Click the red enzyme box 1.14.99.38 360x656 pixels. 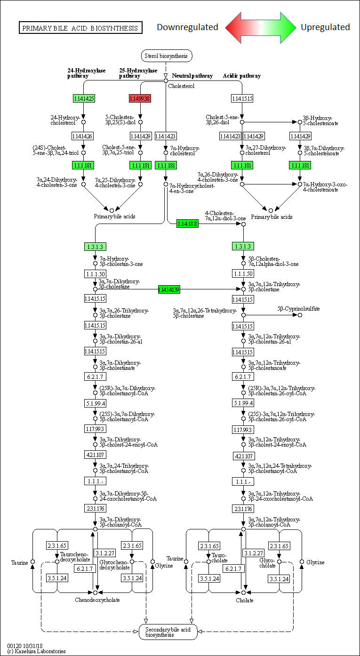pyautogui.click(x=140, y=98)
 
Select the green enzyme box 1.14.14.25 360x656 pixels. pyautogui.click(x=84, y=98)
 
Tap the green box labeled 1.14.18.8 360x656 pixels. pyautogui.click(x=187, y=224)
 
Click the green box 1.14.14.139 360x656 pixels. pyautogui.click(x=169, y=289)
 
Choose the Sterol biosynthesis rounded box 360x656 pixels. pyautogui.click(x=167, y=56)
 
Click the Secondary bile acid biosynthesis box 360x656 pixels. pyautogui.click(x=168, y=632)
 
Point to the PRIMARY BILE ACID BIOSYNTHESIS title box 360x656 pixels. pyautogui.click(x=80, y=28)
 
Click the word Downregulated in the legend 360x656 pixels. pyautogui.click(x=187, y=27)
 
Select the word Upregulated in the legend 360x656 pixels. pyautogui.click(x=326, y=27)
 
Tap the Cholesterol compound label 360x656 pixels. pyautogui.click(x=181, y=86)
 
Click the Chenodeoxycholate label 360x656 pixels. pyautogui.click(x=97, y=600)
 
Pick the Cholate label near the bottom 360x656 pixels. pyautogui.click(x=245, y=600)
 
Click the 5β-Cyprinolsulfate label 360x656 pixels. pyautogui.click(x=298, y=309)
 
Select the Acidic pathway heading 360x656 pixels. pyautogui.click(x=242, y=76)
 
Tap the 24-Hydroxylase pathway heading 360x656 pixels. pyautogui.click(x=87, y=73)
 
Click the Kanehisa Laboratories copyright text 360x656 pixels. pyautogui.click(x=36, y=651)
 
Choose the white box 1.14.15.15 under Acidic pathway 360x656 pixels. pyautogui.click(x=242, y=98)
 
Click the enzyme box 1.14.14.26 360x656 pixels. pyautogui.click(x=82, y=136)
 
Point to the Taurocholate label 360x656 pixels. pyautogui.click(x=219, y=558)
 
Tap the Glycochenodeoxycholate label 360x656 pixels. pyautogui.click(x=114, y=565)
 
